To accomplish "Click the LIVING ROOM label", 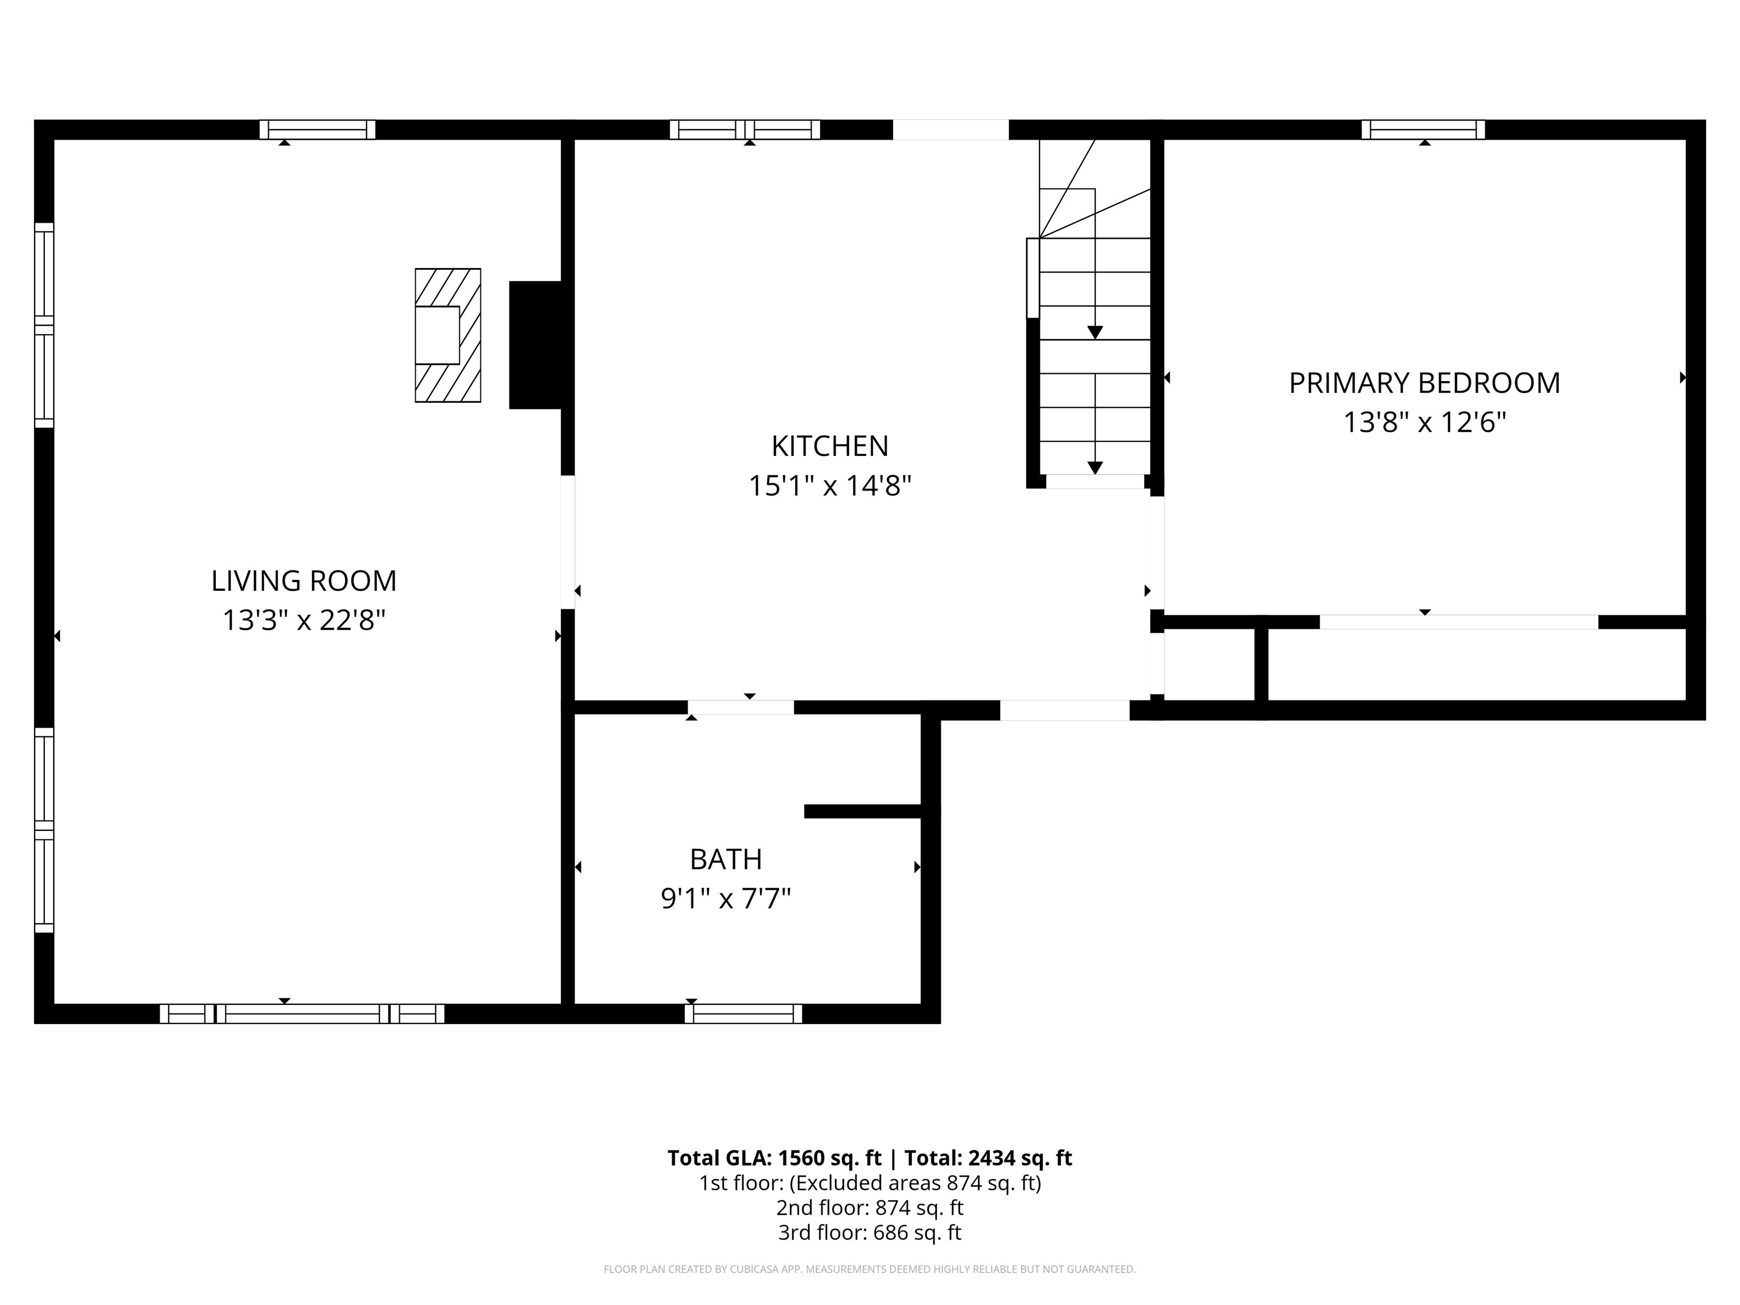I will coord(304,581).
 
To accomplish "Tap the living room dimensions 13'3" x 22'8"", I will coord(304,621).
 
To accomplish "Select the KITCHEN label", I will coord(829,446).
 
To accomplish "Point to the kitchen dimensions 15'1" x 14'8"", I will coord(829,486).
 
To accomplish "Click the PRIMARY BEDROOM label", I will coord(1424,383).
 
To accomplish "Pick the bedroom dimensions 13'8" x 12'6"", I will coord(1424,423).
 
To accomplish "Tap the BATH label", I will coord(725,859).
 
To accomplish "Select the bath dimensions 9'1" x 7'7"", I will coord(725,898).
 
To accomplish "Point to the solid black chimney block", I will coord(536,344).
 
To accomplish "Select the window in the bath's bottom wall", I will coord(743,1014).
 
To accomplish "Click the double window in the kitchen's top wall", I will coord(744,130).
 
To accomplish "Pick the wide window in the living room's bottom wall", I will coord(302,1014).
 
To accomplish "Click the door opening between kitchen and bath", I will coord(740,707).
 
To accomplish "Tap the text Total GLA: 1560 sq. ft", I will coord(774,1158).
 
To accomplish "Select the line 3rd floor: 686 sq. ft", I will coord(869,1232).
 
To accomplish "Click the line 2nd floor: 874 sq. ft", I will coord(869,1208).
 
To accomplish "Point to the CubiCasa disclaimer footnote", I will coord(869,1269).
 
